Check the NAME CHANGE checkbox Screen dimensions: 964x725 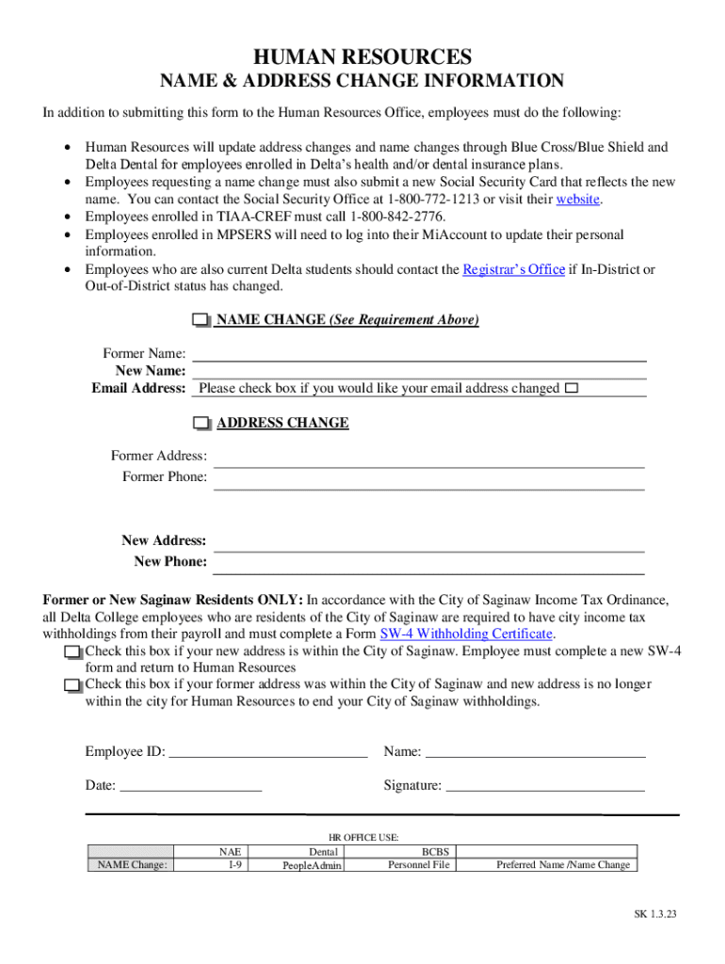click(x=201, y=321)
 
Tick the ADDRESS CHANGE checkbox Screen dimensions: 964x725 click(x=201, y=424)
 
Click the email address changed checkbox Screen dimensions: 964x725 click(x=572, y=388)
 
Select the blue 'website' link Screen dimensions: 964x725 click(x=578, y=200)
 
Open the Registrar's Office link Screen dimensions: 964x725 click(x=513, y=269)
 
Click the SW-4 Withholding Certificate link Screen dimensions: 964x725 click(x=466, y=634)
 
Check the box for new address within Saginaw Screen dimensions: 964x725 click(x=72, y=652)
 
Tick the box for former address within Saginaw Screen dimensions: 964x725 click(x=72, y=686)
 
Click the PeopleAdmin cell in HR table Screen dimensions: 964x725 click(x=313, y=865)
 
